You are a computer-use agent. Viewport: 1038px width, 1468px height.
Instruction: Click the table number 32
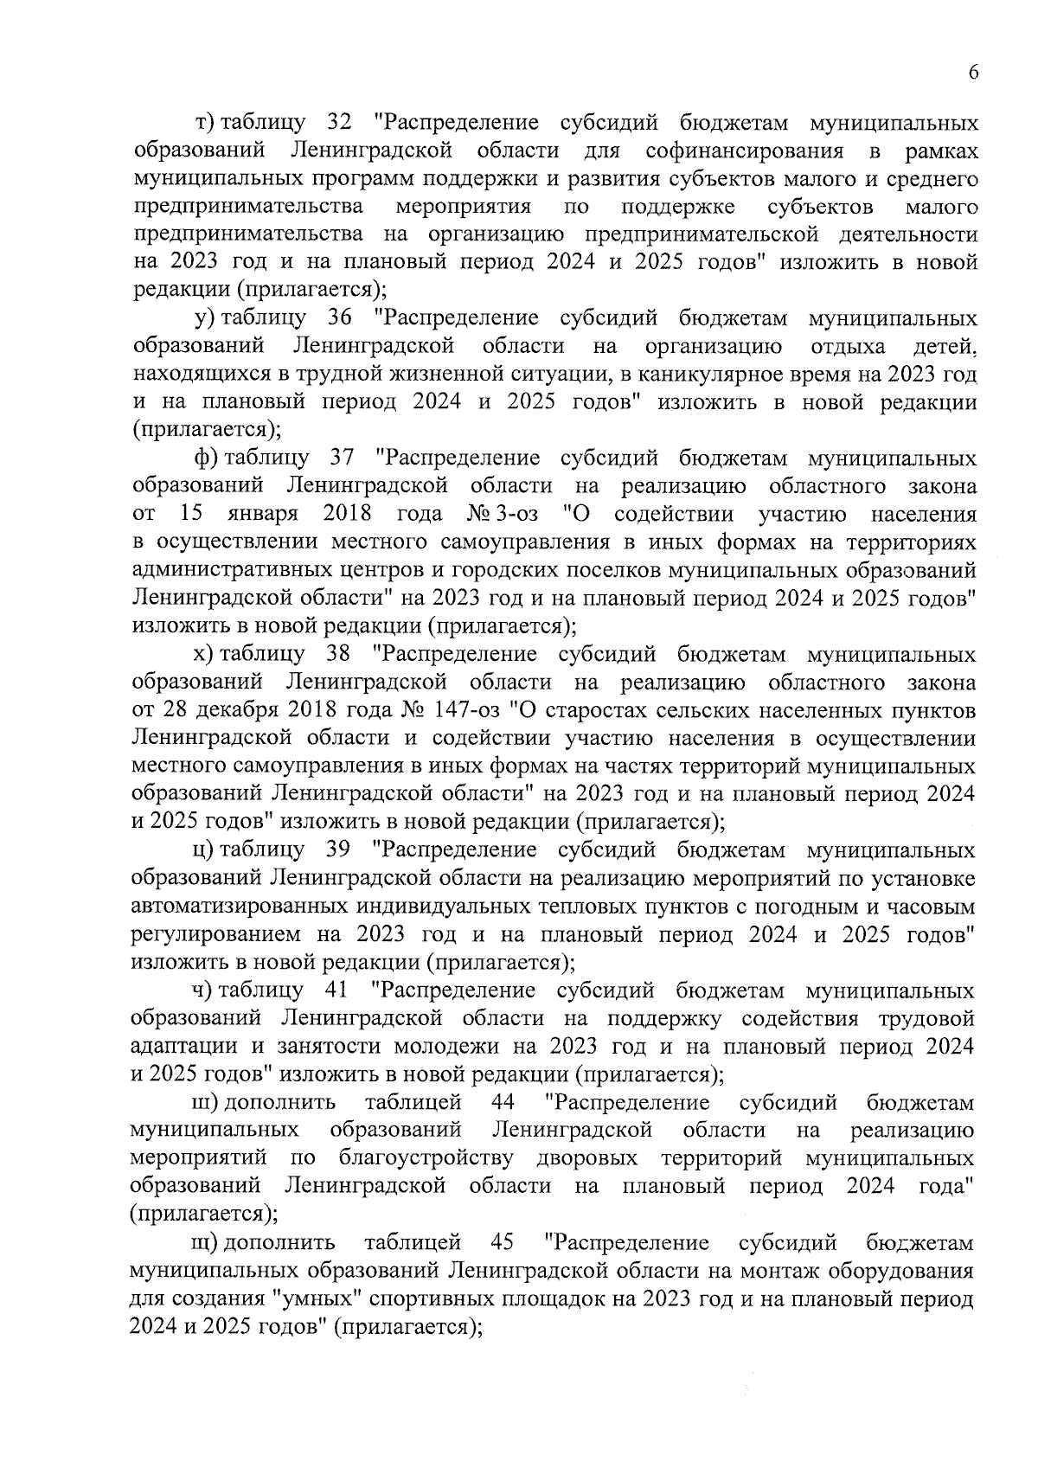[x=343, y=123]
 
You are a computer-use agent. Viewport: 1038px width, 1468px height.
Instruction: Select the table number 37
[x=344, y=458]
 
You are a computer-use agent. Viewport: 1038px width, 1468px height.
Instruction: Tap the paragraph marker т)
[x=205, y=123]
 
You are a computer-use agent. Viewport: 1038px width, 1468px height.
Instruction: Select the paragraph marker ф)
[x=207, y=458]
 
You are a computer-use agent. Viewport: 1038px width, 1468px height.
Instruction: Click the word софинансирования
[x=745, y=151]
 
